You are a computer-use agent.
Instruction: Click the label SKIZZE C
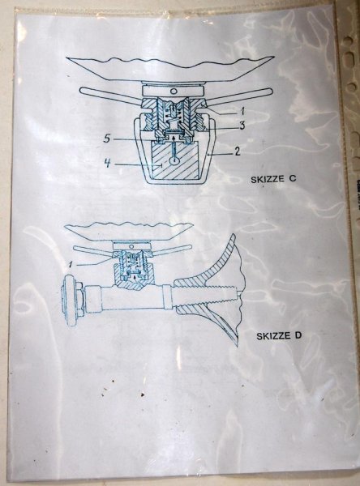tap(273, 179)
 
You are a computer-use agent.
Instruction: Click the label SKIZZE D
tap(279, 335)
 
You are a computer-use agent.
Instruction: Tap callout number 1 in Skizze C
tap(242, 111)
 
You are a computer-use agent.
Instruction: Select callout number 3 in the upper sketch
tap(242, 126)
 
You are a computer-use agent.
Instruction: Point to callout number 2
tap(237, 151)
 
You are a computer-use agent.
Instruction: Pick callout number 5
tap(107, 139)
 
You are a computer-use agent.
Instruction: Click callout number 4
tap(107, 163)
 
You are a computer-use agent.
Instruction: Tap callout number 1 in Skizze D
tap(71, 264)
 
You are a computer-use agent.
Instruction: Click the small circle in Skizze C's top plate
tap(174, 91)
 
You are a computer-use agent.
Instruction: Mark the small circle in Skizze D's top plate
tap(132, 246)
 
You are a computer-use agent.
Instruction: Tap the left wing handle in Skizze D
tap(93, 250)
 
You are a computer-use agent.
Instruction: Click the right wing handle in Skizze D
tap(171, 249)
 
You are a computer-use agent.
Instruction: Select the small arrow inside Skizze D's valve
tap(135, 277)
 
